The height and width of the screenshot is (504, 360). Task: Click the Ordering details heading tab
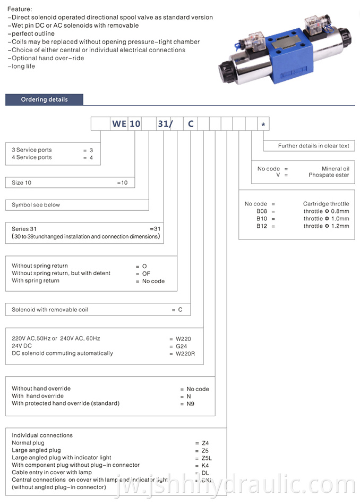44,99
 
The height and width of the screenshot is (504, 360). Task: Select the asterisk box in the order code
264,124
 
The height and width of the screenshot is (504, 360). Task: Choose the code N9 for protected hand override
190,403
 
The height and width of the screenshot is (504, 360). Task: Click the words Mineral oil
335,169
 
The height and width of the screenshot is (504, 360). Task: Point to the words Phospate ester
329,175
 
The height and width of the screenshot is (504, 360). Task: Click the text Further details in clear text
313,146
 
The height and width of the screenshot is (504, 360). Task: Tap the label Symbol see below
36,205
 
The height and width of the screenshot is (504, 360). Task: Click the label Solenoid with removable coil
50,310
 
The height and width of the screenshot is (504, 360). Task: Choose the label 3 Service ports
32,150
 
